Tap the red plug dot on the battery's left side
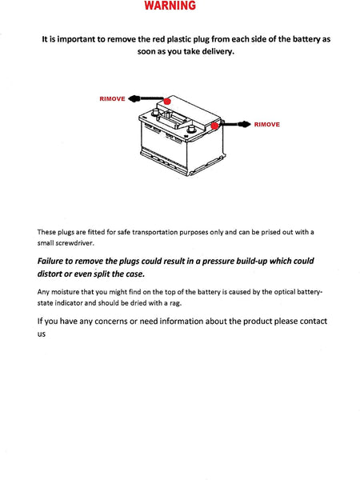166,102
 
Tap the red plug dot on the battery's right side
214,125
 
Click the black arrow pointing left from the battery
140,98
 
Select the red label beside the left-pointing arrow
112,98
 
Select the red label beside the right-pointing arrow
266,124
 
